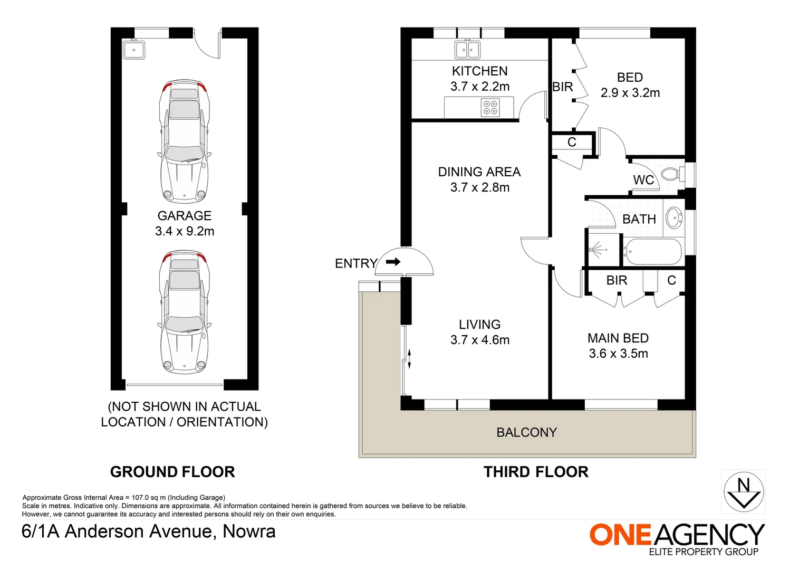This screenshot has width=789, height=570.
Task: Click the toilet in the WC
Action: click(x=672, y=174)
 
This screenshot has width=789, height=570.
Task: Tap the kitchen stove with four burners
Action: click(x=490, y=108)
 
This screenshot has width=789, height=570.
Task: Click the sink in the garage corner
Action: click(x=134, y=50)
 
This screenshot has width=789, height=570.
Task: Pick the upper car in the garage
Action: click(x=184, y=141)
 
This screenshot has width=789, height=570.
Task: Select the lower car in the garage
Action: click(x=184, y=312)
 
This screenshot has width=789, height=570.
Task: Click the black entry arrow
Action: click(x=393, y=262)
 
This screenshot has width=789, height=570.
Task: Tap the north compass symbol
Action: click(x=744, y=491)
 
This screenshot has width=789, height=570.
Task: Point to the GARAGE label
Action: click(x=184, y=215)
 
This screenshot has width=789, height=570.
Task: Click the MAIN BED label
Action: click(x=618, y=338)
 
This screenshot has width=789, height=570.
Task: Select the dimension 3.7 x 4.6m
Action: click(x=480, y=340)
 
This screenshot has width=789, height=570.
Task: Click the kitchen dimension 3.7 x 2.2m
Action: click(x=480, y=87)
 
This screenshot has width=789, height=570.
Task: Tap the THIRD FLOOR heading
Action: click(x=536, y=472)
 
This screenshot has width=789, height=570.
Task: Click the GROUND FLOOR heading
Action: click(x=172, y=472)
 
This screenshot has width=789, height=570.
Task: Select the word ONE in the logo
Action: click(x=620, y=535)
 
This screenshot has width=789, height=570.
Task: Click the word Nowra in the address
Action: click(x=249, y=531)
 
